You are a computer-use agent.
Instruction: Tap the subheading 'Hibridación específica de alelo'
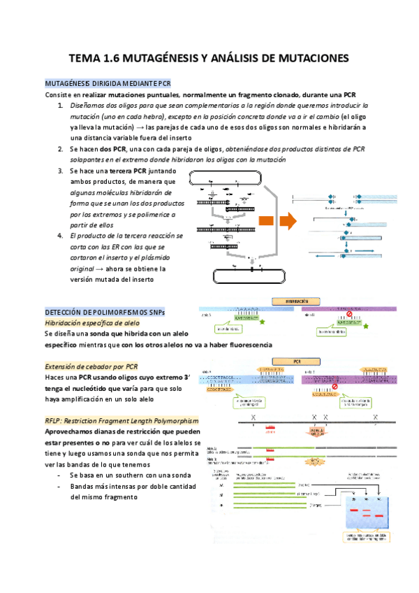pos(91,323)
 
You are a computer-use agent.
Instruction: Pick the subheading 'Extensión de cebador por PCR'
pos(91,366)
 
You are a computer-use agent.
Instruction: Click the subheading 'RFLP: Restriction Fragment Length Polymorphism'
pos(121,421)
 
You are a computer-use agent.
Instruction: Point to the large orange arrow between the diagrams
pos(287,222)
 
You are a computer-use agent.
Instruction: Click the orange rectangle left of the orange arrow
pos(265,222)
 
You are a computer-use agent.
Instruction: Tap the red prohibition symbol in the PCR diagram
pos(334,385)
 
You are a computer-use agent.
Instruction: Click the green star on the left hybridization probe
pos(262,323)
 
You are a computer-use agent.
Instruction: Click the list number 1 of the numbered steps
pos(61,105)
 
